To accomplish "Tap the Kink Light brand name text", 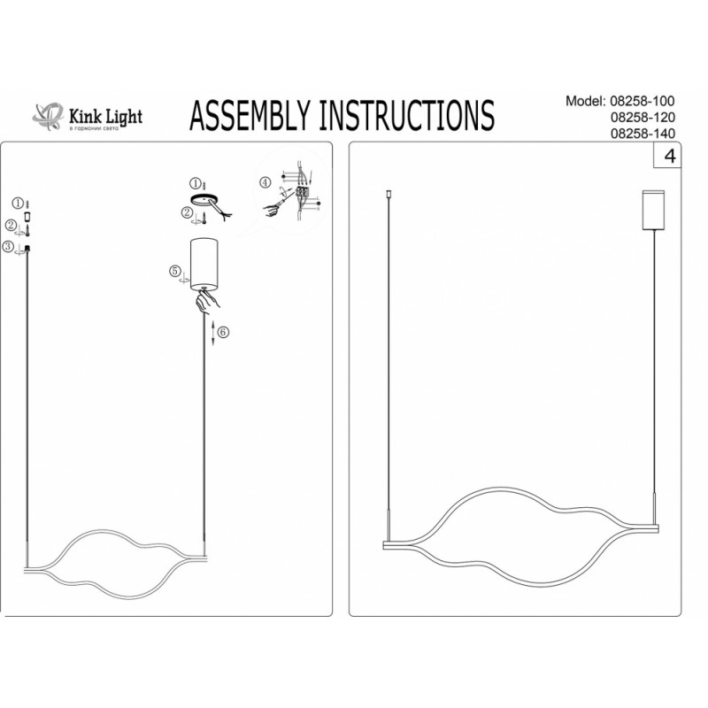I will [x=105, y=116].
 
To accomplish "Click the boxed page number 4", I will [x=667, y=158].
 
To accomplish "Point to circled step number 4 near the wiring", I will [x=265, y=183].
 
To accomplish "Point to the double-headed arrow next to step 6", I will [x=213, y=333].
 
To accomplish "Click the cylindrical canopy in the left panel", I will [x=204, y=263].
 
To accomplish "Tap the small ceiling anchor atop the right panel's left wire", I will [x=389, y=192].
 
